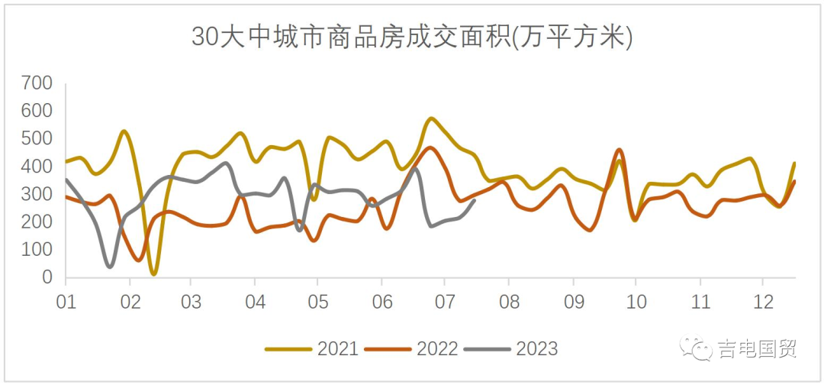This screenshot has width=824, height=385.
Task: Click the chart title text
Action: pyautogui.click(x=412, y=36)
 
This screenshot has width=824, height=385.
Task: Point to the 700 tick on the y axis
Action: pyautogui.click(x=37, y=82)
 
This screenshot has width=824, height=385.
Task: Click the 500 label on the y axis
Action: pyautogui.click(x=37, y=138)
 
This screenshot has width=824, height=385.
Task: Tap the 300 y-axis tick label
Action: pyautogui.click(x=37, y=194)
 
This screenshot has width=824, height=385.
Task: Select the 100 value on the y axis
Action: pyautogui.click(x=37, y=250)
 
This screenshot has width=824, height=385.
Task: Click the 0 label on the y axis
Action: pyautogui.click(x=47, y=278)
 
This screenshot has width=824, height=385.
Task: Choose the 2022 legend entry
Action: pyautogui.click(x=411, y=349)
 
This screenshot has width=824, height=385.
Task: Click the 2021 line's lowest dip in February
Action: pyautogui.click(x=154, y=273)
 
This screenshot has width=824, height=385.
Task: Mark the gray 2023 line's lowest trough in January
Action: pyautogui.click(x=111, y=267)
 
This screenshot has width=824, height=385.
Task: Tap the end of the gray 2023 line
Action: pyautogui.click(x=475, y=201)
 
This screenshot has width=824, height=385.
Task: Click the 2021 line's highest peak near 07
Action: pyautogui.click(x=432, y=118)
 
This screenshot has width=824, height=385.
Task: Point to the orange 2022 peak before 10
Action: pyautogui.click(x=619, y=150)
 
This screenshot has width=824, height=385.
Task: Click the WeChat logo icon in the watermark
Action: pyautogui.click(x=698, y=349)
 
